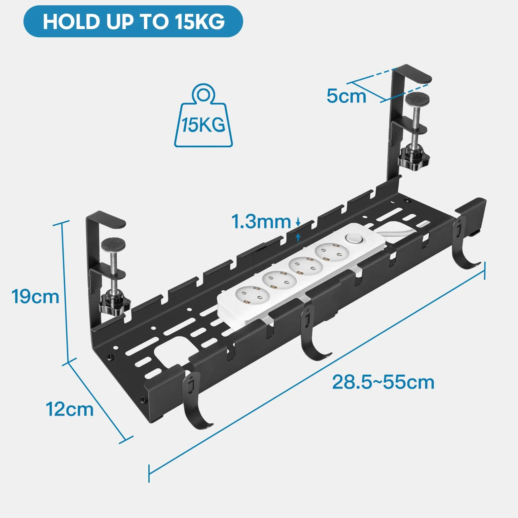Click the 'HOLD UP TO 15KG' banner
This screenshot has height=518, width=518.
[x=133, y=21]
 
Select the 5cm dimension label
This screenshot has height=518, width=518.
[x=346, y=96]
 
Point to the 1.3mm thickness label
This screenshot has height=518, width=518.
[x=261, y=221]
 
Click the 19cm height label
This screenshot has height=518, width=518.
[x=35, y=296]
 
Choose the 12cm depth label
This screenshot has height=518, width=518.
[x=69, y=409]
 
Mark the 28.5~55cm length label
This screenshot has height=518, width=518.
[x=383, y=382]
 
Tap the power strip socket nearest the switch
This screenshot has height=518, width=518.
[x=332, y=253]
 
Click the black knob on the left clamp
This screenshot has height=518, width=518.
[x=114, y=304]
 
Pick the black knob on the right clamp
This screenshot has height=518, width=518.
[x=414, y=158]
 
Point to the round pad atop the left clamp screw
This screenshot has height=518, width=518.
[x=113, y=245]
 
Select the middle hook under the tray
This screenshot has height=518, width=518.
[x=312, y=334]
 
